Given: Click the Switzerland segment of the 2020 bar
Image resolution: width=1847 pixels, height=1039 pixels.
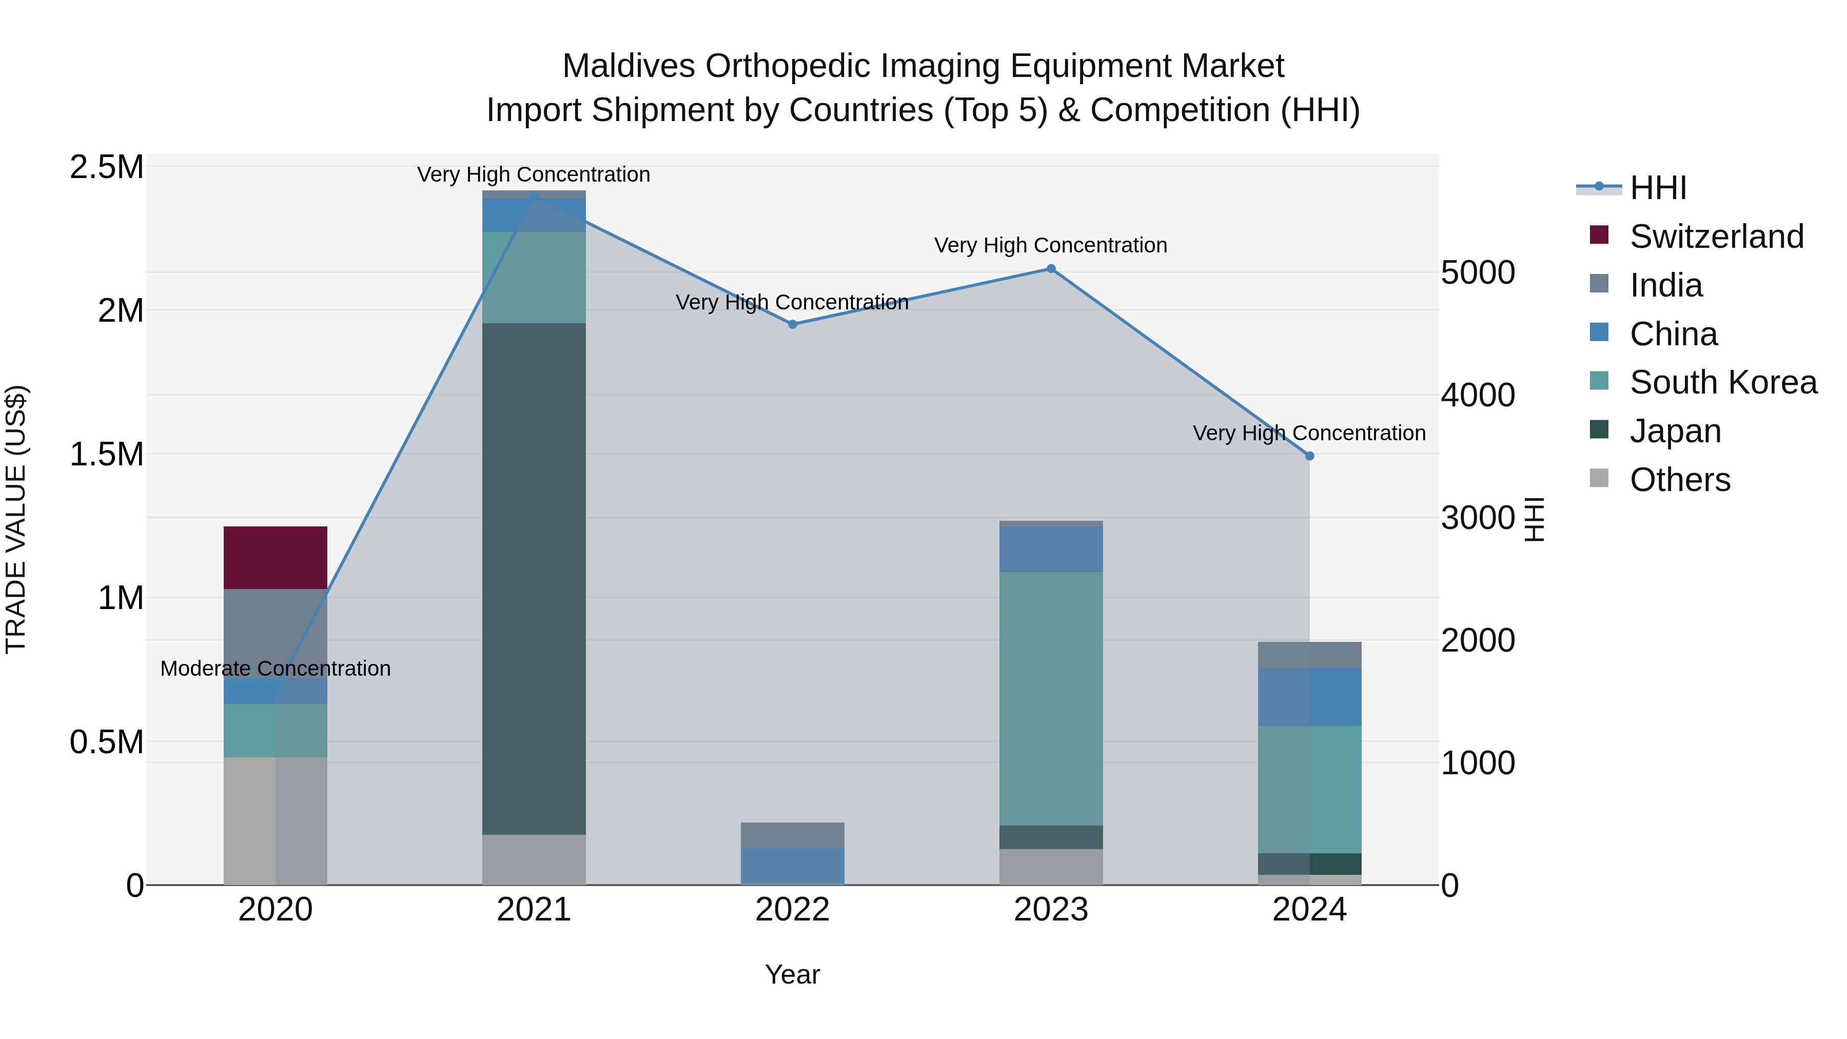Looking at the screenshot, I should click(276, 557).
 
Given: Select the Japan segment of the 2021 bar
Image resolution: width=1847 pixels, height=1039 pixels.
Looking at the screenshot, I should click(534, 578).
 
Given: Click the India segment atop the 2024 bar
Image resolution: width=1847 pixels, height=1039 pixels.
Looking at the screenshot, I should click(1309, 655).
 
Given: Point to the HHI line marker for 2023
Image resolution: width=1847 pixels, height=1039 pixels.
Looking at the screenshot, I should click(1050, 269).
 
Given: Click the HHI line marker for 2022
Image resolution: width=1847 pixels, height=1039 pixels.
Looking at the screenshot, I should click(792, 324).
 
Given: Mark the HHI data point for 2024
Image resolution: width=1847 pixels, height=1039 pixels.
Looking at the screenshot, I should click(1309, 456).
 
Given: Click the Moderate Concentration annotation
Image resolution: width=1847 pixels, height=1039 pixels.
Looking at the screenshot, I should click(276, 668).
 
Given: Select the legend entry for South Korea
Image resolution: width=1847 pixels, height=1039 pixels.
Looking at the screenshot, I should click(1722, 382).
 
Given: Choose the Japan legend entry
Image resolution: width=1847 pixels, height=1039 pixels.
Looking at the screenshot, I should click(1675, 431).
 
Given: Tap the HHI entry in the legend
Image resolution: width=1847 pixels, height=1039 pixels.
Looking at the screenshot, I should click(1658, 188).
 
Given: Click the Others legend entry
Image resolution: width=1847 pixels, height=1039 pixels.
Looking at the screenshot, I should click(1679, 480).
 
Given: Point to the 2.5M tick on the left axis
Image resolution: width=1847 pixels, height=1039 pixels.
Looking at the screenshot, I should click(107, 167).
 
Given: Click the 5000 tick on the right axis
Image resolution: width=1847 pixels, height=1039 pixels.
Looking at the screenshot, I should click(1478, 272).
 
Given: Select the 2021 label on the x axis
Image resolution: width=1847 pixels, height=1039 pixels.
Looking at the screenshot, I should click(534, 910).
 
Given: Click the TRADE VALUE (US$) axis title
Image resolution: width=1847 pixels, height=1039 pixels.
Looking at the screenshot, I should click(16, 519).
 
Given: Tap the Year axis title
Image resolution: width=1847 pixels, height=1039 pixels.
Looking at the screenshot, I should click(792, 974).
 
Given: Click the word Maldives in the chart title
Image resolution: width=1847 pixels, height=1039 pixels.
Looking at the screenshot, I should click(628, 66).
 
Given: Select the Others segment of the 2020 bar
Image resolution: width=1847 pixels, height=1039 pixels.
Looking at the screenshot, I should click(276, 820).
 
